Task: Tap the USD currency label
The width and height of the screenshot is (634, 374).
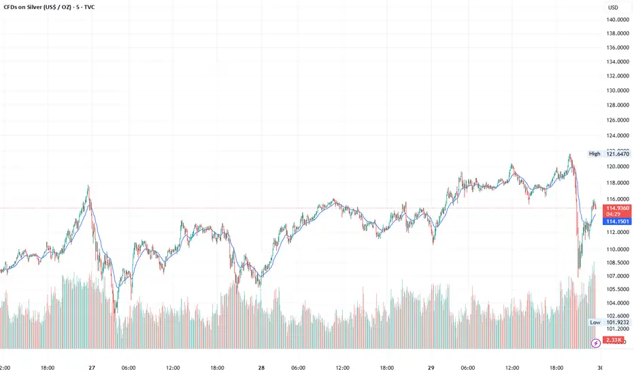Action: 613,7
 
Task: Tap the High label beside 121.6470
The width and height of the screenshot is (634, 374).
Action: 595,154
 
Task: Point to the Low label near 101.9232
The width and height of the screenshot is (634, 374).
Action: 595,322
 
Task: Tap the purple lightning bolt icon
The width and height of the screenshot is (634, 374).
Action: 597,343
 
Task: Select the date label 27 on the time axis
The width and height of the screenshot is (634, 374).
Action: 90,367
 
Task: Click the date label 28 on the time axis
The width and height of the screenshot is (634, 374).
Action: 261,367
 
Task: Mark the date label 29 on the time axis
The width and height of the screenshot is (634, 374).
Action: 430,367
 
